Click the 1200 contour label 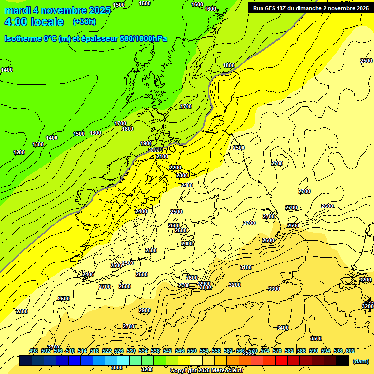19,152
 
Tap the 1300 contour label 38,144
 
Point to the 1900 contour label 146,143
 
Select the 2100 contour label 162,156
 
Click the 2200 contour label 175,168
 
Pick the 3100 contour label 246,267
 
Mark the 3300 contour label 274,289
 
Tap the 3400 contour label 283,328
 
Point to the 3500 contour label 316,338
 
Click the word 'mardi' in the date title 17,10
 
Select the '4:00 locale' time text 34,22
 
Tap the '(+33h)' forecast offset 84,22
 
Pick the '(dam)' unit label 361,361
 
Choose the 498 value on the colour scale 34,351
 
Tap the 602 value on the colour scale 350,351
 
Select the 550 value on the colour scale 192,351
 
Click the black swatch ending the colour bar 342,361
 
